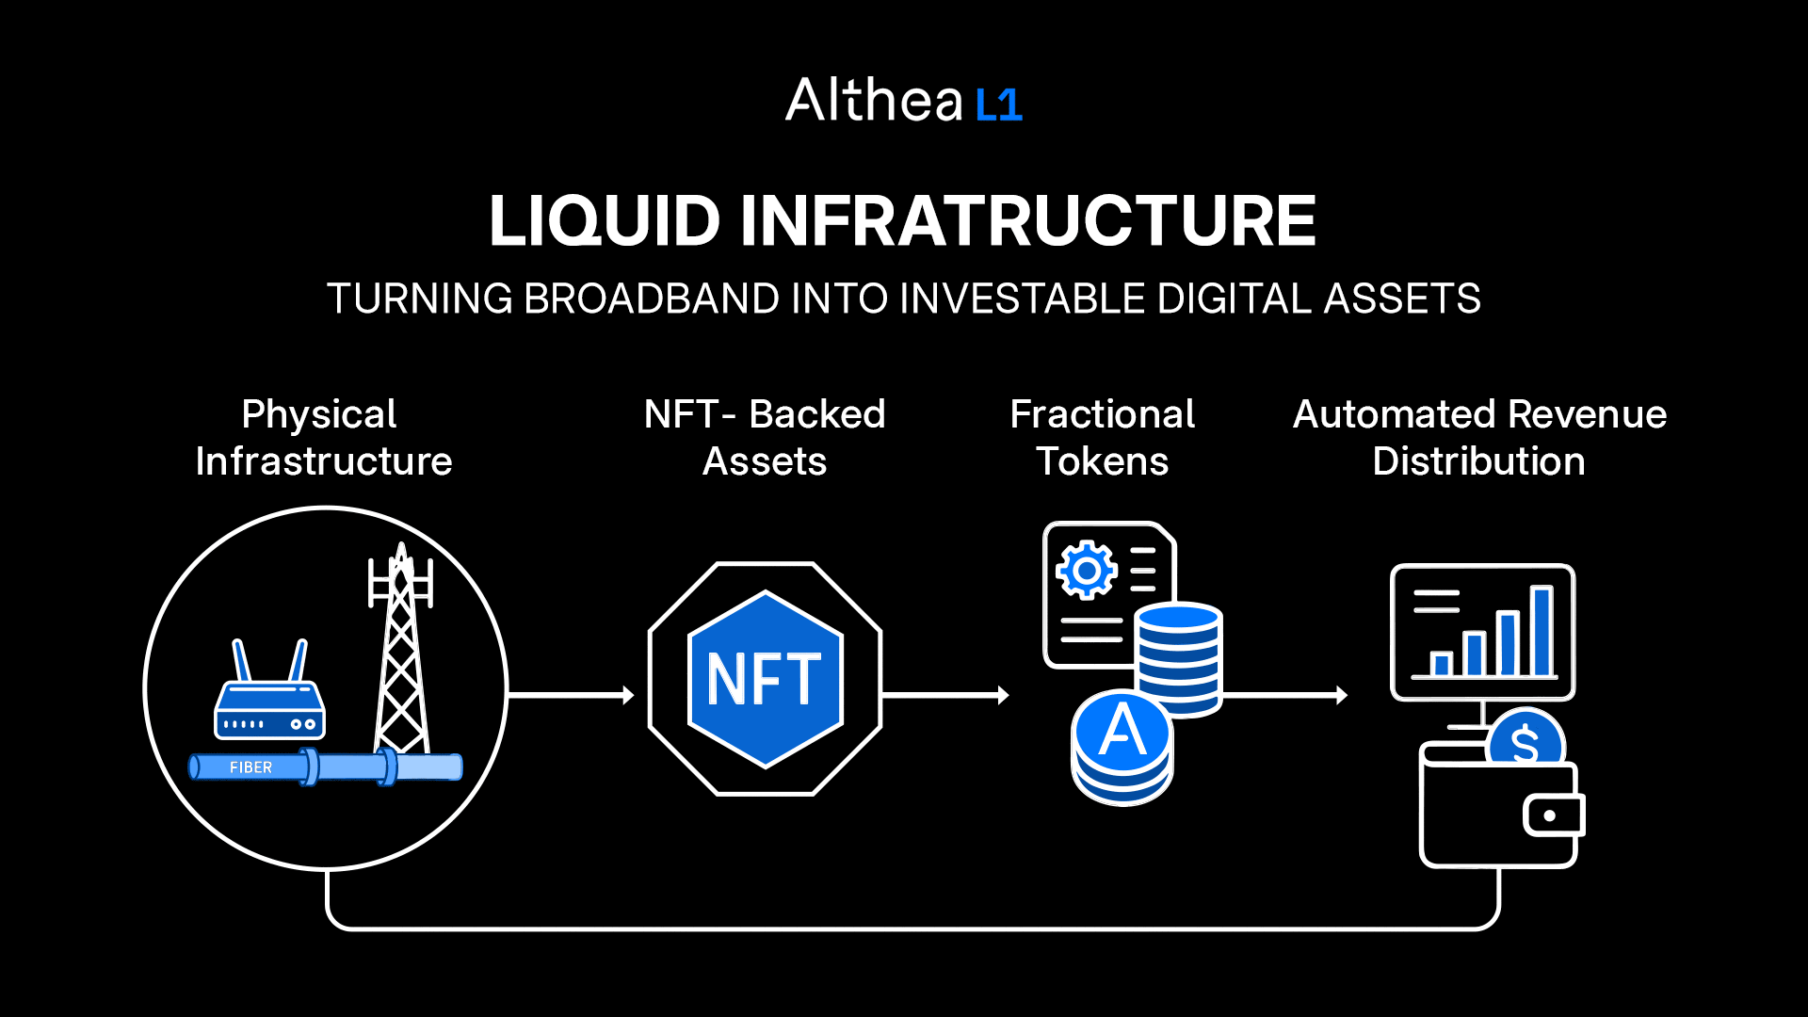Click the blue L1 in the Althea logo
coord(999,105)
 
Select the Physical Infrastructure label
coord(323,438)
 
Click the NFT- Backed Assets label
coord(765,438)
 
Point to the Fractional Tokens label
coord(1102,438)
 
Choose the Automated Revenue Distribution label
coord(1479,438)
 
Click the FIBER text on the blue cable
coord(250,767)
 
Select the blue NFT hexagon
coord(766,679)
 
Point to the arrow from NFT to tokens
coord(945,695)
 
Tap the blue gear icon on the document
coord(1087,570)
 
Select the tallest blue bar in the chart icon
coord(1542,631)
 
